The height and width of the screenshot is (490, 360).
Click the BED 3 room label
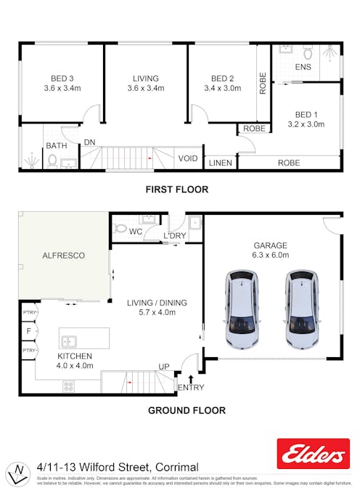[62, 78]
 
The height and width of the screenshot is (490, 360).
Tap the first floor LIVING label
[145, 78]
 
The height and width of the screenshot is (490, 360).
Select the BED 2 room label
[222, 78]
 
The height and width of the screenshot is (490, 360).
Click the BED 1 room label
[306, 114]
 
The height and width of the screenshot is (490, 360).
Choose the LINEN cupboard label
[220, 163]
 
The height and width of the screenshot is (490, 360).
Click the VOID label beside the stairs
[188, 158]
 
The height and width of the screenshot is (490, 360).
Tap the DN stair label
[89, 143]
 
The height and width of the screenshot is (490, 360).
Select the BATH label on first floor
[56, 146]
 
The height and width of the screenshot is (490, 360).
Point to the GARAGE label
[270, 245]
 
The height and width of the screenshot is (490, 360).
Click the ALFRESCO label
[65, 256]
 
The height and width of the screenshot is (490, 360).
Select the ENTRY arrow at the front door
[190, 377]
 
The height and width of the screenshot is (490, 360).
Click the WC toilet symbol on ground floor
[120, 228]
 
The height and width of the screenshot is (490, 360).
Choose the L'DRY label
[174, 236]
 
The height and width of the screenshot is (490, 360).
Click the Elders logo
[313, 454]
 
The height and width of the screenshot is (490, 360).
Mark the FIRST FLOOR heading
[176, 189]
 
